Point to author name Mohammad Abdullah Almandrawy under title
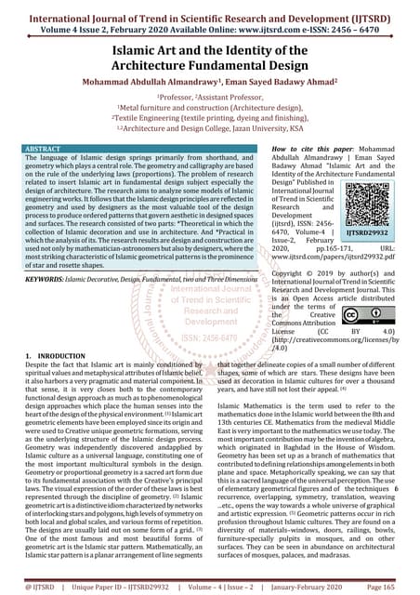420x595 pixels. (x=127, y=80)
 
